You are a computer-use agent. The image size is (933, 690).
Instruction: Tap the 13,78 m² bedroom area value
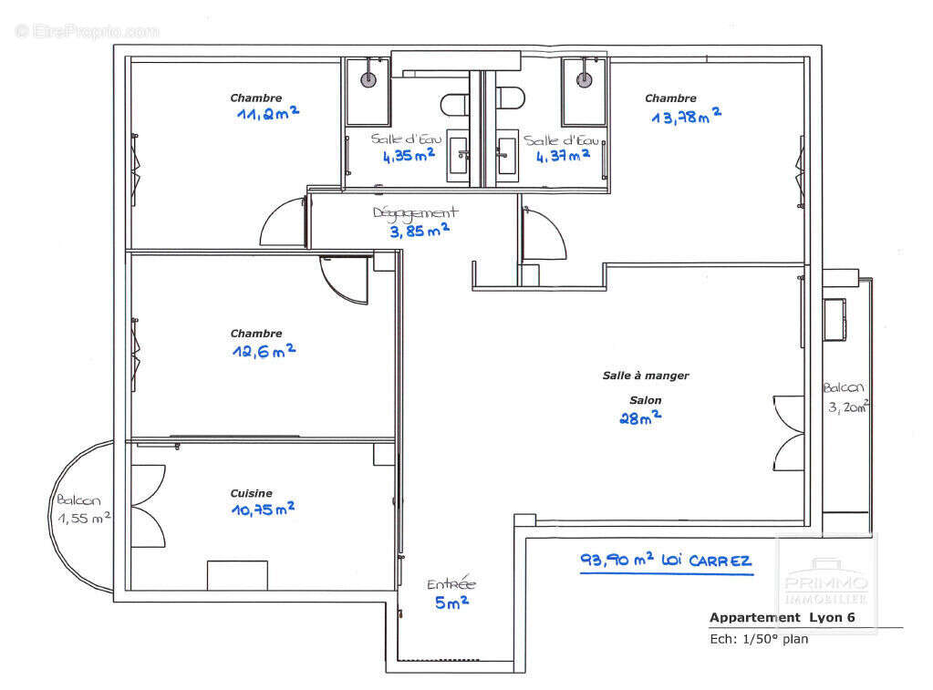click(686, 116)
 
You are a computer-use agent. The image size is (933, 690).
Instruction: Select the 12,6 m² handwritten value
click(263, 351)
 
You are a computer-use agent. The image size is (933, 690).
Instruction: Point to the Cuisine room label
click(251, 493)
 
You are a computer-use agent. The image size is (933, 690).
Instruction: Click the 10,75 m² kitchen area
click(263, 510)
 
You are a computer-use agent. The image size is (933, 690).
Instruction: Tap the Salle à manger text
click(646, 376)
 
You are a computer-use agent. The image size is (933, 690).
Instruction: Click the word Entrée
click(451, 584)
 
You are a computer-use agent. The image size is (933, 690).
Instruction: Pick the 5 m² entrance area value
click(451, 602)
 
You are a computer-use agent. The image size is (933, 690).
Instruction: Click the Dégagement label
click(415, 212)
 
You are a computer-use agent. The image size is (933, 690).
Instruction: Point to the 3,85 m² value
click(420, 231)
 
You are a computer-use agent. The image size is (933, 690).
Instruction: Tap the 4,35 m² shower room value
click(408, 156)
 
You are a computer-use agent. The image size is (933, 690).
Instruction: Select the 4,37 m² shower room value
click(562, 156)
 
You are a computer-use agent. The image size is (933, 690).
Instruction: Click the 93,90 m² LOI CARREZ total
click(666, 561)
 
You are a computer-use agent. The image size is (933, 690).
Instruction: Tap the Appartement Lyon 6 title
click(782, 618)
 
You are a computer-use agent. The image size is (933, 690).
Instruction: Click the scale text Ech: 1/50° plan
click(759, 639)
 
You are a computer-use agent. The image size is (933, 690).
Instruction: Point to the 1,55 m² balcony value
click(84, 517)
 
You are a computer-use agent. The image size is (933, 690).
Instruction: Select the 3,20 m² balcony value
click(847, 407)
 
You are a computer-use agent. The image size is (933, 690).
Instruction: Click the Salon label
click(645, 400)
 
